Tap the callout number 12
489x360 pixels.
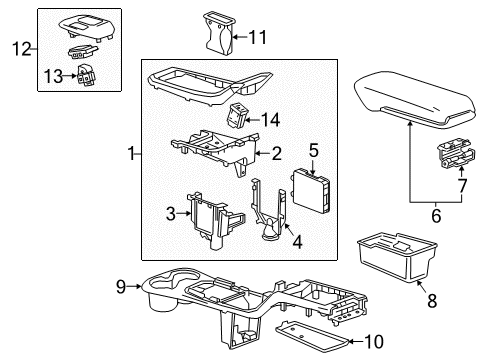pos(21,46)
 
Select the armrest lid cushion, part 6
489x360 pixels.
pos(412,99)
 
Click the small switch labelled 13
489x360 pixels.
pos(83,75)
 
